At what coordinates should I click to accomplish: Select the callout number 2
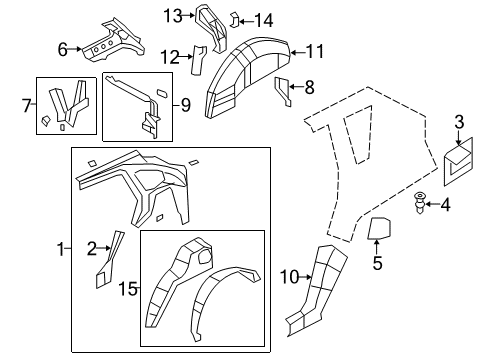pyautogui.click(x=92, y=249)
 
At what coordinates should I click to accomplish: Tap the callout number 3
pyautogui.click(x=458, y=122)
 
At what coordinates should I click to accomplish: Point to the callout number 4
pyautogui.click(x=446, y=206)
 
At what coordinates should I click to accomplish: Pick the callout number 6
pyautogui.click(x=62, y=48)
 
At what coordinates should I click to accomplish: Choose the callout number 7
pyautogui.click(x=28, y=104)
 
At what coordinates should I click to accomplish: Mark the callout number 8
pyautogui.click(x=309, y=87)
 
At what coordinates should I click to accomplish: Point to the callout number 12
pyautogui.click(x=171, y=56)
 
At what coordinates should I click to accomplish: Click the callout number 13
pyautogui.click(x=173, y=14)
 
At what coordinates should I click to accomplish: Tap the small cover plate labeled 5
pyautogui.click(x=379, y=230)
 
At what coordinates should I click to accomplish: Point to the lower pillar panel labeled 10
pyautogui.click(x=318, y=285)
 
